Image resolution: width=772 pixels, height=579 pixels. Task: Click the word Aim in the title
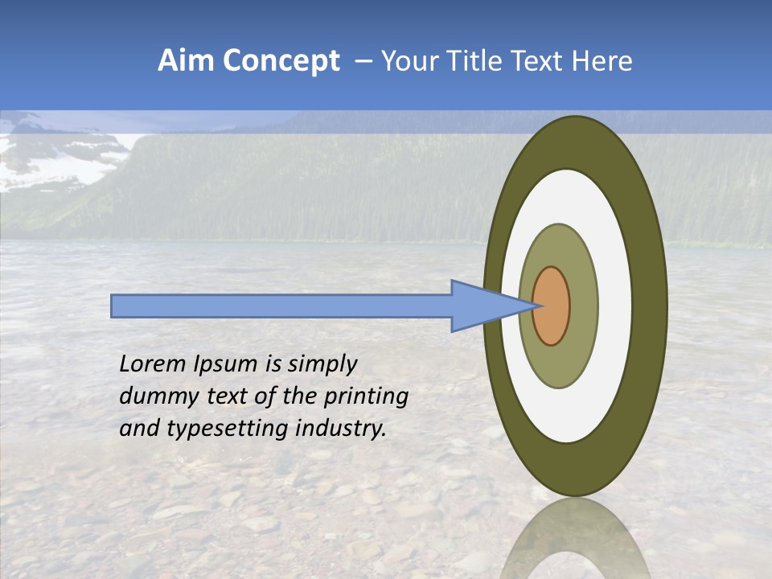[x=185, y=61]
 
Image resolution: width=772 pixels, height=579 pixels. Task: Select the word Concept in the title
[x=281, y=62]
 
